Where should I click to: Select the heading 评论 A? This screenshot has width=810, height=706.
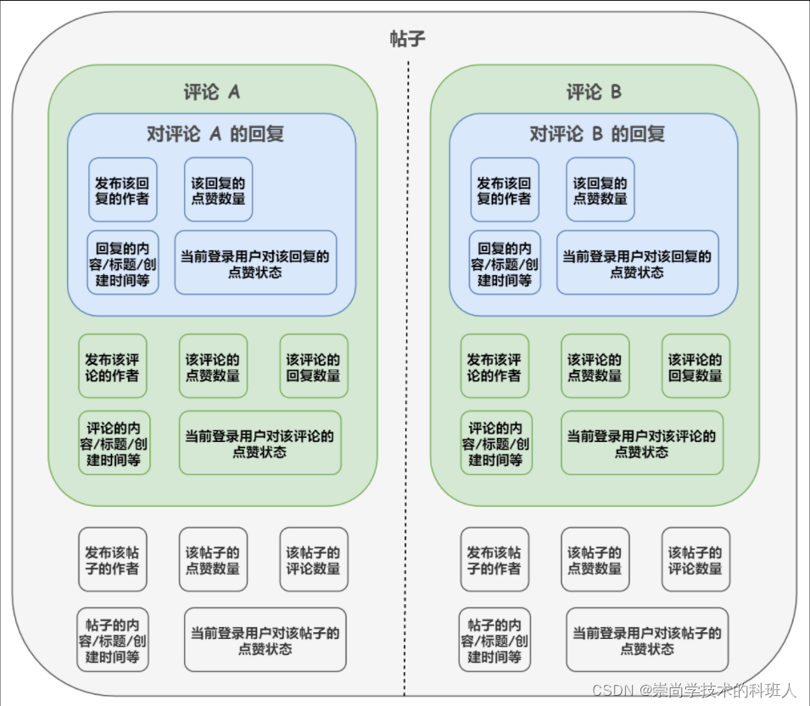click(212, 92)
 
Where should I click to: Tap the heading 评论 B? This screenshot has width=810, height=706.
click(594, 92)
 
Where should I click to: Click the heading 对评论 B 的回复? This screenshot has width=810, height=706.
click(597, 133)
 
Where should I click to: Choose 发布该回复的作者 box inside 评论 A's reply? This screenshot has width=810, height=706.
click(123, 190)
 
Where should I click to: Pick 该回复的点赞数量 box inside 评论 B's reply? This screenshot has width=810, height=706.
click(601, 190)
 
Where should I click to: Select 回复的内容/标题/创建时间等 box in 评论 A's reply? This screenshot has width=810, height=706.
click(123, 263)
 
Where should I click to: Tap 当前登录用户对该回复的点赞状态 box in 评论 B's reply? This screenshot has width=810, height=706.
click(637, 263)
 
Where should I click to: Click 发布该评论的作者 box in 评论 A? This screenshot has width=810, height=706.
click(113, 367)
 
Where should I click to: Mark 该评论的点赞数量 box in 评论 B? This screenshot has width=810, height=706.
click(595, 367)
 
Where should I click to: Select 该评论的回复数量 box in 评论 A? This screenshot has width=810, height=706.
click(314, 367)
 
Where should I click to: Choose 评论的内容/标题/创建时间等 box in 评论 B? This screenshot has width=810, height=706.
click(497, 443)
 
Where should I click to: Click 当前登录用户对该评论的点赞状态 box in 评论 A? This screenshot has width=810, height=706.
click(260, 443)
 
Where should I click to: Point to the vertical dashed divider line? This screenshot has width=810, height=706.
click(406, 382)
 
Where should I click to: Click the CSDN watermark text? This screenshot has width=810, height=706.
click(694, 689)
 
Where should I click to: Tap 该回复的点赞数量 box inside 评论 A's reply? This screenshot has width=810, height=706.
click(218, 190)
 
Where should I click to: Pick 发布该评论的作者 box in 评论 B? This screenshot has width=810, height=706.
click(494, 367)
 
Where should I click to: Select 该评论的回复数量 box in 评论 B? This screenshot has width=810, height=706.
click(695, 367)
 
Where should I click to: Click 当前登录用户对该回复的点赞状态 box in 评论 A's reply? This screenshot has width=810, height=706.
click(255, 263)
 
